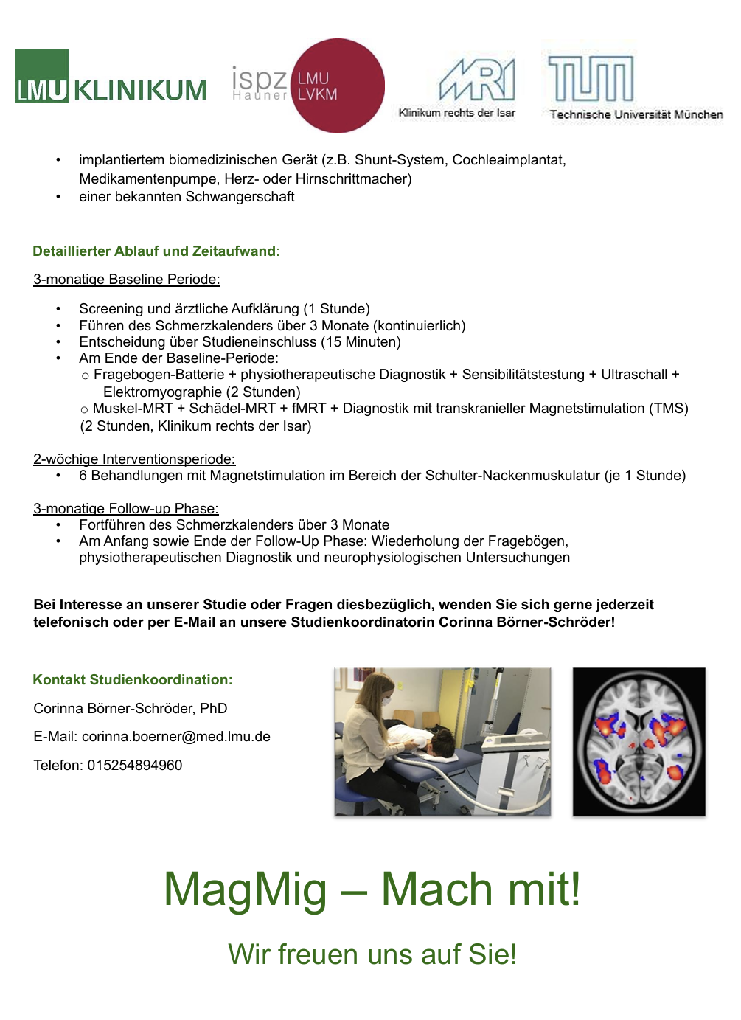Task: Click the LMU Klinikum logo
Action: pos(111,77)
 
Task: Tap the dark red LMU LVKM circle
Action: pos(338,86)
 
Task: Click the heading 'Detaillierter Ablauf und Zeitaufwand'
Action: pos(154,251)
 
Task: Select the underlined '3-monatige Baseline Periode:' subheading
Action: pos(127,279)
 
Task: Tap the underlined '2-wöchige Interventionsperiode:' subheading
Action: pos(134,459)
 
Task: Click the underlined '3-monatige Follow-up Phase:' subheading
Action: pos(126,508)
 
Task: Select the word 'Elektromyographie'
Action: pos(162,392)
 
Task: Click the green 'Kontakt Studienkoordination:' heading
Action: pos(133,679)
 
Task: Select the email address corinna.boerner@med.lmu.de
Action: pos(175,736)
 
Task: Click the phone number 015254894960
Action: pos(135,765)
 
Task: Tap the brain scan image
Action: pos(639,741)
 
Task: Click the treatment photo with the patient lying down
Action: pos(442,741)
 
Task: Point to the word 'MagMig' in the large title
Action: pos(246,889)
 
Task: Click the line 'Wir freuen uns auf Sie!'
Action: pos(372,954)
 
